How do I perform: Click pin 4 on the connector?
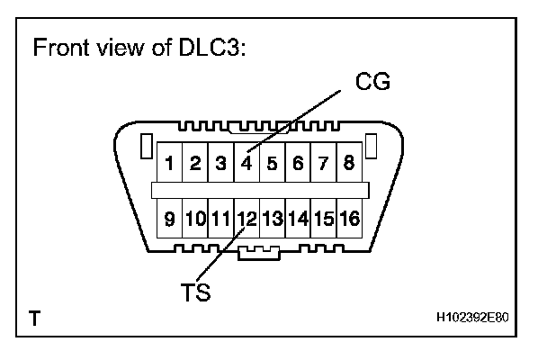[246, 164]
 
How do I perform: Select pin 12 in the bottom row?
[247, 217]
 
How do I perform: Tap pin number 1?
[168, 164]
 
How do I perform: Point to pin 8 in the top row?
[348, 164]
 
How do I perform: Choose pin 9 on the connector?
[168, 217]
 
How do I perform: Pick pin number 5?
[272, 164]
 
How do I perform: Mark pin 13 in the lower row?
[273, 217]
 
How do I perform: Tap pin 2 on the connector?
[194, 164]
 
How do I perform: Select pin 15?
[324, 217]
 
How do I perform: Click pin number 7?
[323, 164]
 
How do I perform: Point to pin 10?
[194, 217]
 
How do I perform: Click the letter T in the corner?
[34, 319]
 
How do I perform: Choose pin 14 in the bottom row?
[299, 217]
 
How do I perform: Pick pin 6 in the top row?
[297, 164]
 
